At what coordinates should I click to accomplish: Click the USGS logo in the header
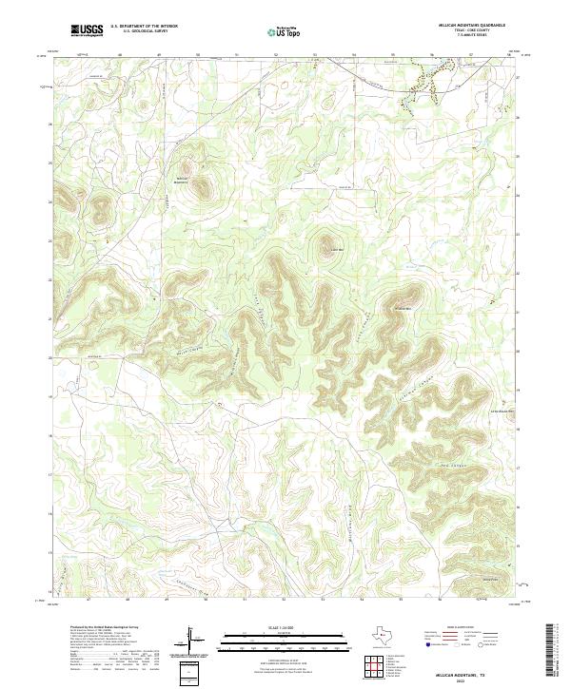click(x=87, y=30)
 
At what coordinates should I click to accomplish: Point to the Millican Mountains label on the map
click(x=184, y=180)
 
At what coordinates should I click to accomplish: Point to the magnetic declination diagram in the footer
click(x=197, y=641)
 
